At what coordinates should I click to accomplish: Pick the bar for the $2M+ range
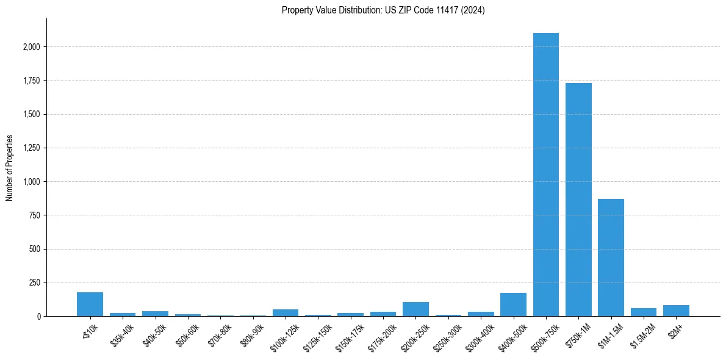[x=676, y=311]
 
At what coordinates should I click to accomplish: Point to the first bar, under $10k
[x=90, y=304]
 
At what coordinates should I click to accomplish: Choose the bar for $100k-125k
[x=286, y=313]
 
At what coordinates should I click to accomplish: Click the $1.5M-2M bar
[x=643, y=312]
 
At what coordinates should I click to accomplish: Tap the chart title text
[x=383, y=10]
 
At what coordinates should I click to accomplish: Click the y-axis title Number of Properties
[x=10, y=168]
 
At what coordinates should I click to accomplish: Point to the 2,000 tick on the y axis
[x=32, y=47]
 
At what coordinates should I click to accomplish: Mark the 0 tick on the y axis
[x=38, y=317]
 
